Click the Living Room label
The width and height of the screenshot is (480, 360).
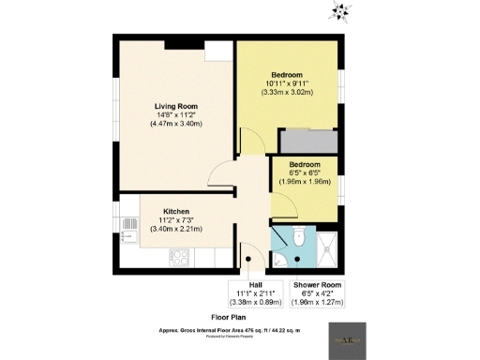click(x=174, y=106)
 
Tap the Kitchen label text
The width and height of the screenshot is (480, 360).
click(x=177, y=211)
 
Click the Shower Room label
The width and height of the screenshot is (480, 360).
click(x=317, y=284)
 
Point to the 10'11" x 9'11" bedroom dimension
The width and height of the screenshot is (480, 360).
click(x=287, y=83)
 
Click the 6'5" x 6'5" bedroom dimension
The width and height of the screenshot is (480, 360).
click(x=305, y=172)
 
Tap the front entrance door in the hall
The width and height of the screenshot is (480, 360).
click(x=248, y=261)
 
